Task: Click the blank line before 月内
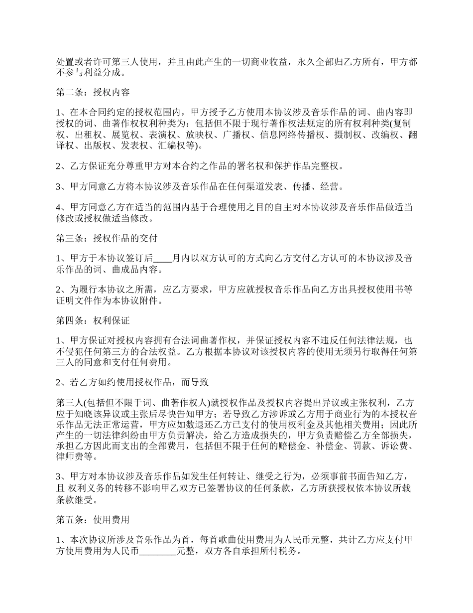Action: (163, 258)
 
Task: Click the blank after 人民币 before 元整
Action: (158, 551)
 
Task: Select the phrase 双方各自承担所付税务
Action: (248, 551)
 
